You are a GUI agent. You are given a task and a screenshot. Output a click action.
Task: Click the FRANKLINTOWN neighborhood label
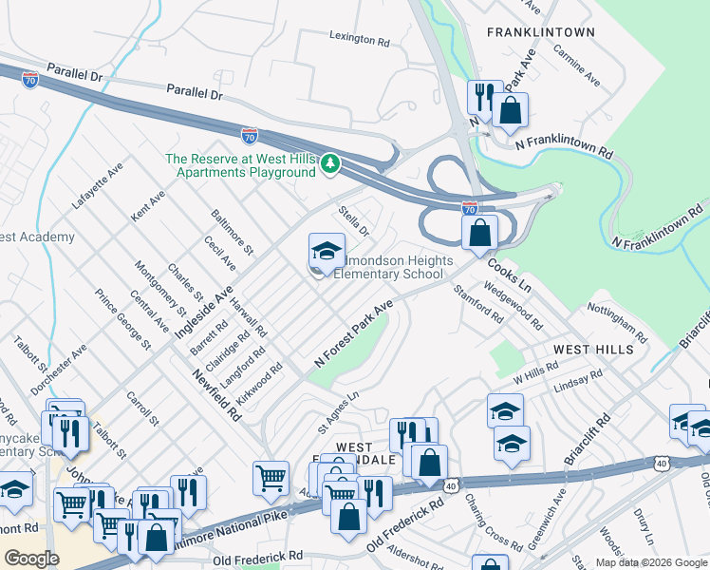coord(540,32)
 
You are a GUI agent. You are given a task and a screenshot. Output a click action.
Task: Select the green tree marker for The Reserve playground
coord(329,164)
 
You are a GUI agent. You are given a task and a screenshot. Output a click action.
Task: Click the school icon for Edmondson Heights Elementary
coord(327,253)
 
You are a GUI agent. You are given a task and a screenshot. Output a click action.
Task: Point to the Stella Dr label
coord(353,218)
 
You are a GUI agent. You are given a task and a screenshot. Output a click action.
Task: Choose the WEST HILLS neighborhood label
coord(593,350)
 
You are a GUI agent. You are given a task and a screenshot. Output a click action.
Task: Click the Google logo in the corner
coord(31,559)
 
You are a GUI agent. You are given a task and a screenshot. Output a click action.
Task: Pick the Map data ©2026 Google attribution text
coord(651,562)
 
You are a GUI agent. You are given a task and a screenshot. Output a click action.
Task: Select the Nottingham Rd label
coord(616,324)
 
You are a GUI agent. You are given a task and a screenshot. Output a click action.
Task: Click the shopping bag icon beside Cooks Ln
coord(481,233)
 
